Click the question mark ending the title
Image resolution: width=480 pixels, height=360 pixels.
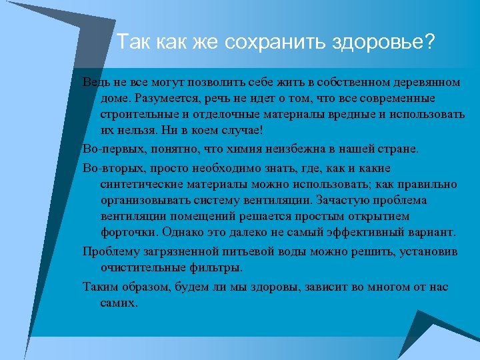coord(429,43)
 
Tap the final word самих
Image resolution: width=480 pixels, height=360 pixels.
coord(119,302)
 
